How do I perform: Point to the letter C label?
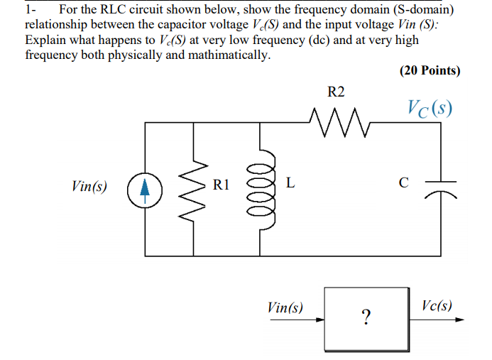tap(403, 183)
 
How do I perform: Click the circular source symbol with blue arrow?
tap(144, 188)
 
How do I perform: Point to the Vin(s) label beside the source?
tap(90, 187)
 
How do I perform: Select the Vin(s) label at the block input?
tap(285, 307)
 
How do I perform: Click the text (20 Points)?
tap(429, 71)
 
